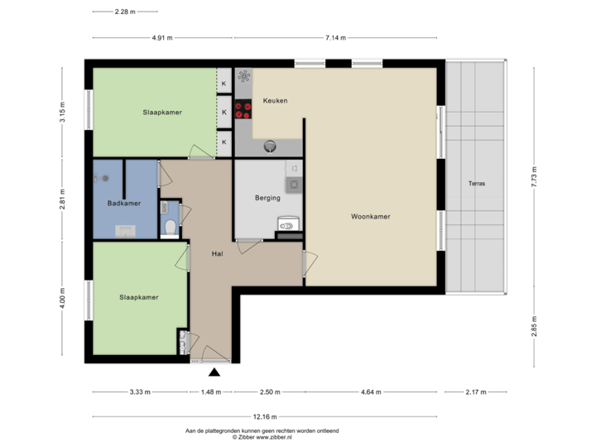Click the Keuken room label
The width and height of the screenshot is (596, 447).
click(275, 101)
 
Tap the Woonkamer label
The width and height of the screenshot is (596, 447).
click(370, 217)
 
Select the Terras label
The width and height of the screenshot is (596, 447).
click(475, 184)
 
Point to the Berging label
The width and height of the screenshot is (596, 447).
click(267, 199)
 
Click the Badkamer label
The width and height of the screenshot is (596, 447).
click(122, 203)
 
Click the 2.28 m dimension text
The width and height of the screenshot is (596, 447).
click(125, 12)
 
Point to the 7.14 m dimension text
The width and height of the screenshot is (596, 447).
click(335, 37)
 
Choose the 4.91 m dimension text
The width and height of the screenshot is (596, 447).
click(162, 37)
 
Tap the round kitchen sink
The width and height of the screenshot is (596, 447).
click(270, 147)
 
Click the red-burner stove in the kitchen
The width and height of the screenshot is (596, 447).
click(243, 111)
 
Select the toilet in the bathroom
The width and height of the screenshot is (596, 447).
click(171, 226)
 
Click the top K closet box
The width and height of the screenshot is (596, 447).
click(223, 83)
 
